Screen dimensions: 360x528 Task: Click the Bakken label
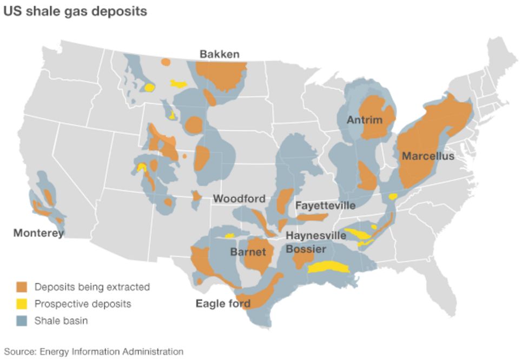pyautogui.click(x=219, y=54)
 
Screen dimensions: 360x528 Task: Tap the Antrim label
pyautogui.click(x=364, y=120)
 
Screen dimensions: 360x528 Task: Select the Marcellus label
pyautogui.click(x=427, y=157)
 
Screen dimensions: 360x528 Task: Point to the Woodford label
pyautogui.click(x=239, y=199)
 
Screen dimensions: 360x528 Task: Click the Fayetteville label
pyautogui.click(x=325, y=205)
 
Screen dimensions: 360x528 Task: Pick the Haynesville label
pyautogui.click(x=315, y=236)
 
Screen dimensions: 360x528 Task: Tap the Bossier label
pyautogui.click(x=306, y=249)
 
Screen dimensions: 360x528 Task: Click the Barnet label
pyautogui.click(x=248, y=252)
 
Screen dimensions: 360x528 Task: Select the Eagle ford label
pyautogui.click(x=223, y=304)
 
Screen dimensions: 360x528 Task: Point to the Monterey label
pyautogui.click(x=38, y=233)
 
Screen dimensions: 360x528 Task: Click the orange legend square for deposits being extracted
pyautogui.click(x=22, y=286)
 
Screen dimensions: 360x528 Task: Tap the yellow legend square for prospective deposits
pyautogui.click(x=22, y=304)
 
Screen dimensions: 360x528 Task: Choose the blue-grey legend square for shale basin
pyautogui.click(x=22, y=321)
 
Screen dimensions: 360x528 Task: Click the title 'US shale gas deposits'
pyautogui.click(x=75, y=11)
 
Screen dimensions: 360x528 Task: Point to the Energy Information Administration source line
pyautogui.click(x=94, y=351)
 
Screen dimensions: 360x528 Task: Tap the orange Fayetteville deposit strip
pyautogui.click(x=312, y=217)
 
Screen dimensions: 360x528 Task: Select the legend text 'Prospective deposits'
pyautogui.click(x=83, y=304)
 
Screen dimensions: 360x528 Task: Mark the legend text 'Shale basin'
pyautogui.click(x=61, y=321)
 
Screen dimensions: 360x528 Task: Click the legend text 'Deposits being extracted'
pyautogui.click(x=92, y=286)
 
